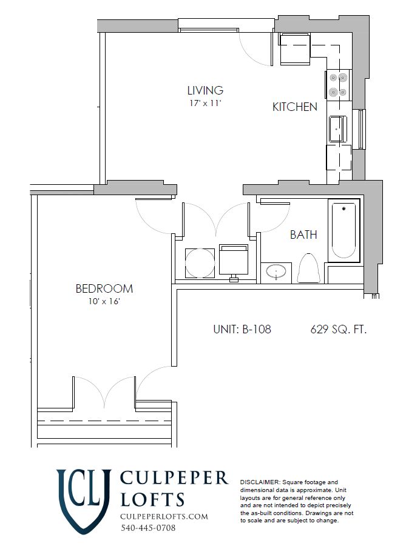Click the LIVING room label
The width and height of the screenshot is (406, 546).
[x=205, y=91]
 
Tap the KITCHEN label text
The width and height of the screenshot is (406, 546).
[x=294, y=107]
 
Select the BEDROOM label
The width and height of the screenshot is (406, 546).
[x=104, y=289]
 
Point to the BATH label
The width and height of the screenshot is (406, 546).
[x=303, y=235]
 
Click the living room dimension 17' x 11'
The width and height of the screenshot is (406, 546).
[x=205, y=103]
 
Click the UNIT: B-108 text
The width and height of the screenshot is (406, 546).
[x=242, y=330]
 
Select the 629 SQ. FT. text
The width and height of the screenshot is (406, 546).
[x=339, y=330]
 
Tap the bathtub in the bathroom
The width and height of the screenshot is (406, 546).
[x=343, y=230]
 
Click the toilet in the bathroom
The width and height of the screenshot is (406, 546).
[x=310, y=267]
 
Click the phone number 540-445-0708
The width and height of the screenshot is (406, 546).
[x=148, y=528]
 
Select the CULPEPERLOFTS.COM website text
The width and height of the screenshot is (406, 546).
[x=164, y=516]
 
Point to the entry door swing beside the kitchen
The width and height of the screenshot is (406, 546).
[x=255, y=48]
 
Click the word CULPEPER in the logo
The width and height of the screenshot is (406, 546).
[x=174, y=479]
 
